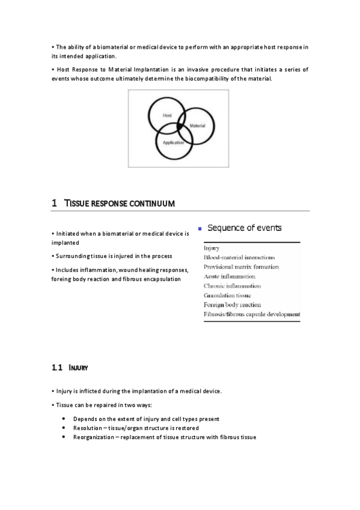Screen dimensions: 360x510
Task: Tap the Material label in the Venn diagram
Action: [x=198, y=126]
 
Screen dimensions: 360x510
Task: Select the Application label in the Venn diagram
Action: [x=173, y=143]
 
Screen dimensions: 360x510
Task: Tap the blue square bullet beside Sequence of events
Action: [x=200, y=229]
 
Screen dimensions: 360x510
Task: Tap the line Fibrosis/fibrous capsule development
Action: [x=252, y=315]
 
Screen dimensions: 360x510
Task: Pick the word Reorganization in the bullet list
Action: [x=93, y=437]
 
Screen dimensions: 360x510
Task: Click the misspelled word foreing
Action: [x=62, y=280]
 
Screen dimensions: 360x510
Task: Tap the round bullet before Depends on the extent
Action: [x=64, y=419]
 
